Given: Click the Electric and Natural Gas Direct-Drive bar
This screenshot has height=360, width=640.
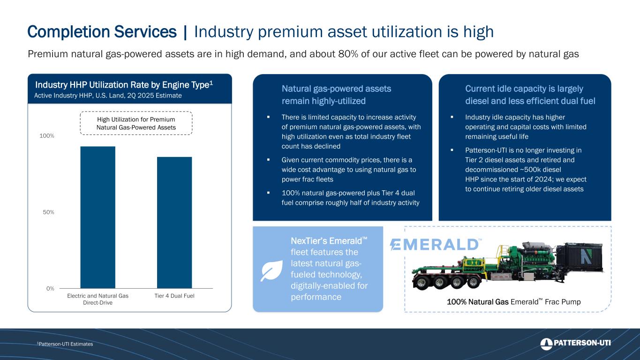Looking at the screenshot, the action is [98, 217].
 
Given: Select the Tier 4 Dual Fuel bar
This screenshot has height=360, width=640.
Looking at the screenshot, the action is [174, 223].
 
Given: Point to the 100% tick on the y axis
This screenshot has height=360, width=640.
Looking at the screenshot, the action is [47, 136].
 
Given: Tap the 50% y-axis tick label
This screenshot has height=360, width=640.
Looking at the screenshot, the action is [48, 212].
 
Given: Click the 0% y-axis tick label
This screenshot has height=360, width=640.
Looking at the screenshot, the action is [50, 289].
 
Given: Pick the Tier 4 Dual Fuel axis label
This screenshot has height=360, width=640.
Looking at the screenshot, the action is [174, 296].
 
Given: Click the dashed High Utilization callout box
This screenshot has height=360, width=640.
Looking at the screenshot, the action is [136, 123].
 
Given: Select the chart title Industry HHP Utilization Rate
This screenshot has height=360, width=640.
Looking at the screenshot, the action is [124, 85].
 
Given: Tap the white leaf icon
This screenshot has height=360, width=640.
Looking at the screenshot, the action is [271, 270].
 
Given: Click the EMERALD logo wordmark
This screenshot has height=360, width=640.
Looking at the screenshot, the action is [436, 245].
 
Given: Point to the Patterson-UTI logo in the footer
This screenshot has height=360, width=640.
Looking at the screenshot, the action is [575, 344].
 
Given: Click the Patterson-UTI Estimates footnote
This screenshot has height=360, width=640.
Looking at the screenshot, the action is [65, 344].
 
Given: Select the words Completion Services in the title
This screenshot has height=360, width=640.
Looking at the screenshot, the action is [102, 32].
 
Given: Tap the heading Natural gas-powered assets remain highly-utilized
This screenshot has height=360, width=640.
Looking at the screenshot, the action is [336, 95].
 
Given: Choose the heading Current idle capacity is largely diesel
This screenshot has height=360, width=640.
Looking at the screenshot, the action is [530, 95].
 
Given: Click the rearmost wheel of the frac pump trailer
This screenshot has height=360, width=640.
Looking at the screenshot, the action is [422, 283].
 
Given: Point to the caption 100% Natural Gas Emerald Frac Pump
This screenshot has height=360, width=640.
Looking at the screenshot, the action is [514, 302].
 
